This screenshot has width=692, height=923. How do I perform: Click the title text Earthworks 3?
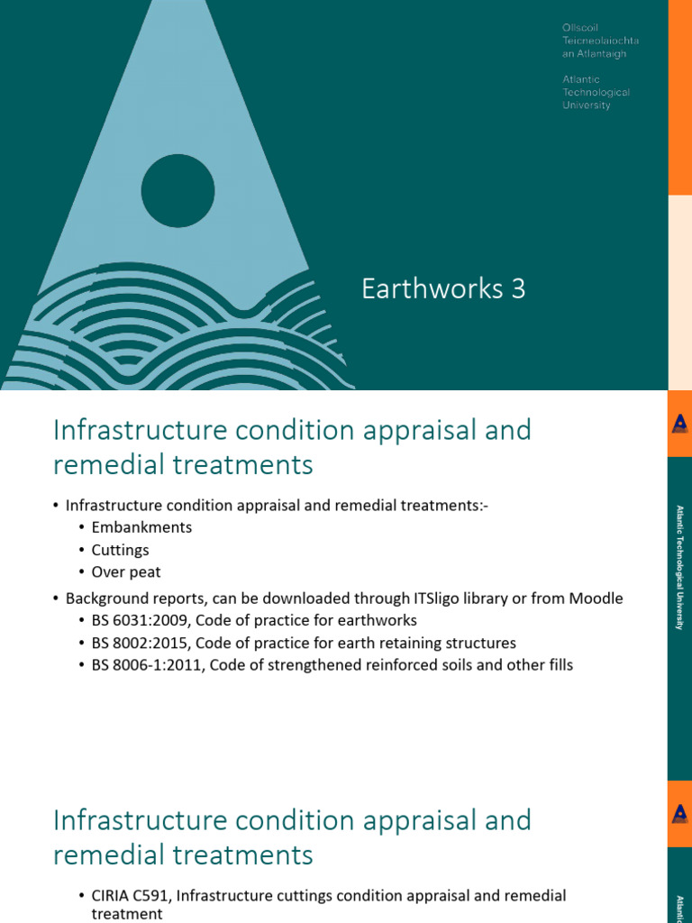[442, 289]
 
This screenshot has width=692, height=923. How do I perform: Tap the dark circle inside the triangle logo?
[178, 190]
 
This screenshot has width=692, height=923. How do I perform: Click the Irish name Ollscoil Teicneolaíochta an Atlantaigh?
[594, 41]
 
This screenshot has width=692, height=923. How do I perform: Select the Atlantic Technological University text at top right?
[596, 92]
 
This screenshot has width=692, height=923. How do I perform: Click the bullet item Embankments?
[141, 527]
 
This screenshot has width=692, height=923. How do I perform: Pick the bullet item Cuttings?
[120, 549]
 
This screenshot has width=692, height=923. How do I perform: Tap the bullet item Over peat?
[126, 571]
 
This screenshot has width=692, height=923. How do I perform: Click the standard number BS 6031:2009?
[139, 620]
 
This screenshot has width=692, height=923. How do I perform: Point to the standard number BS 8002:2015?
[139, 643]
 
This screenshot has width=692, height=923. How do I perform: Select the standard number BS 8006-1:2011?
[145, 665]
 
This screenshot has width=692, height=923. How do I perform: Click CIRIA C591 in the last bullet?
[128, 895]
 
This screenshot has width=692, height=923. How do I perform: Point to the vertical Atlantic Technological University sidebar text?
[680, 567]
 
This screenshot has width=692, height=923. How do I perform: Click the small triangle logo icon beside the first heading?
[680, 424]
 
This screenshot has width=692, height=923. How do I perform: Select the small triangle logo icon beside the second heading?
[680, 814]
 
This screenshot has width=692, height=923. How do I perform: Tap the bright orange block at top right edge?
[680, 97]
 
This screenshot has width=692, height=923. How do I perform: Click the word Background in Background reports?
[106, 599]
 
